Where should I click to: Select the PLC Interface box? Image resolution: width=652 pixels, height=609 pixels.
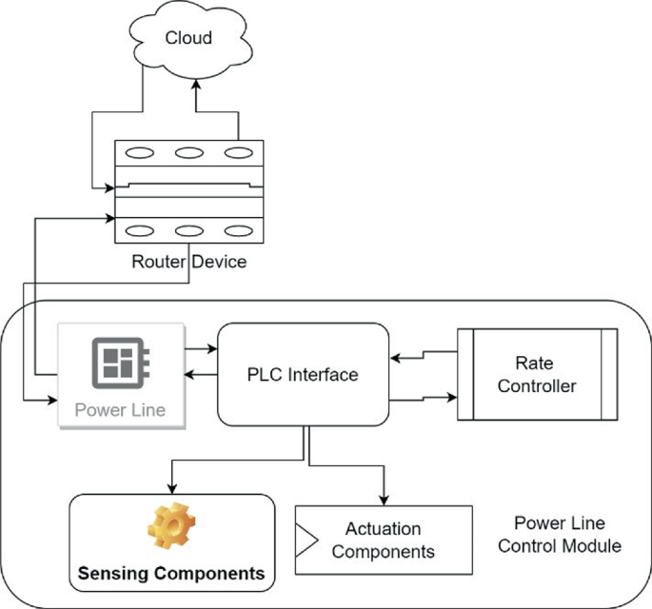pyautogui.click(x=304, y=374)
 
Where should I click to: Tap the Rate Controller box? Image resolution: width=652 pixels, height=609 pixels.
pyautogui.click(x=537, y=374)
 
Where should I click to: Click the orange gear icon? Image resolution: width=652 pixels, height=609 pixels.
pyautogui.click(x=170, y=528)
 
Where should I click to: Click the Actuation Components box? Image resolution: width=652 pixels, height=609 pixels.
pyautogui.click(x=383, y=540)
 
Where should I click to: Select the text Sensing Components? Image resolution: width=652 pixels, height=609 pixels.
pyautogui.click(x=170, y=573)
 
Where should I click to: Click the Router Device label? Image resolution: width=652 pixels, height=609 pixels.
pyautogui.click(x=188, y=262)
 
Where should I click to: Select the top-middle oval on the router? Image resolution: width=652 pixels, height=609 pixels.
pyautogui.click(x=188, y=152)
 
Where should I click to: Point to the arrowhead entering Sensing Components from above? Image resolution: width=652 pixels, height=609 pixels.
pyautogui.click(x=171, y=487)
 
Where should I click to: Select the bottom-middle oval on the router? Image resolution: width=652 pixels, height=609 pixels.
pyautogui.click(x=188, y=230)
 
